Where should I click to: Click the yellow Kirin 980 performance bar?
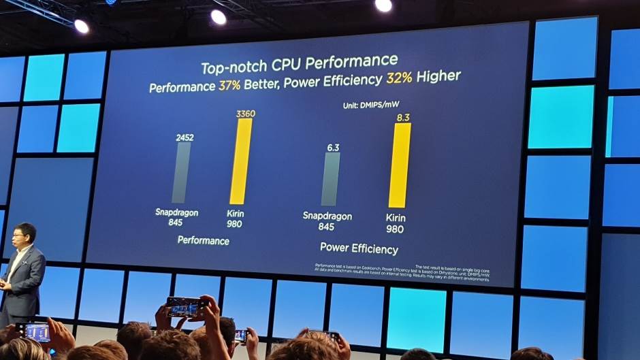[x=241, y=161]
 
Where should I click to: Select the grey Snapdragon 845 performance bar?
[x=181, y=172]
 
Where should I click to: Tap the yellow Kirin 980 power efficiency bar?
[x=400, y=165]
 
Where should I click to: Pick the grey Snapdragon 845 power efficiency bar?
[x=330, y=178]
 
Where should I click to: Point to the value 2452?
[x=185, y=137]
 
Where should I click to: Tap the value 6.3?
[x=332, y=146]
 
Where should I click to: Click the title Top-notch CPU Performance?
[x=300, y=65]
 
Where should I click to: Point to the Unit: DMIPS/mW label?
[x=369, y=106]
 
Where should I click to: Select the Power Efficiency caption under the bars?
[x=359, y=248]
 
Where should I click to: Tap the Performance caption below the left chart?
[x=204, y=240]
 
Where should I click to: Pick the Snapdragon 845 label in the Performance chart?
[x=176, y=217]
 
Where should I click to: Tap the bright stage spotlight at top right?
[x=383, y=5]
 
